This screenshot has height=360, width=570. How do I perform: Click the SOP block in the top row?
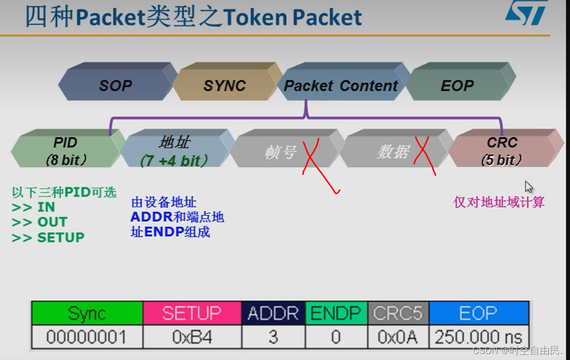tap(116, 85)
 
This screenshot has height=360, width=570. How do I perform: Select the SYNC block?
tap(224, 85)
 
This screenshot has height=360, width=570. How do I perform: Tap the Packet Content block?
tap(341, 85)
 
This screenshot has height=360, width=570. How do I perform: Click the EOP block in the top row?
tap(457, 85)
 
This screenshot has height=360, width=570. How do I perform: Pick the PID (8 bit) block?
tap(65, 151)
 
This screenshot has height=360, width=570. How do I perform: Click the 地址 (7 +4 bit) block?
tap(174, 151)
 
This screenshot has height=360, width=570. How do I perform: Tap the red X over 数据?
tap(424, 154)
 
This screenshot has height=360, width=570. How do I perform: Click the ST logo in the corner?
tap(526, 12)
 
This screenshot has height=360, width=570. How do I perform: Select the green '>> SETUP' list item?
tap(48, 237)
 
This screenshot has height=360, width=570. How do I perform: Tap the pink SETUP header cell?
tap(192, 313)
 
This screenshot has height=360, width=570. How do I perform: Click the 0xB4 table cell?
tap(192, 337)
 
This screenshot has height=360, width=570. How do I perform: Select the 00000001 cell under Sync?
tap(86, 337)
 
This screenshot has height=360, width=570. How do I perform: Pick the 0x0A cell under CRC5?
tap(398, 337)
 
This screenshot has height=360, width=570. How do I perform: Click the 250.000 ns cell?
tap(478, 337)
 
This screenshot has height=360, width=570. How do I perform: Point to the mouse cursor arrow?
tap(529, 187)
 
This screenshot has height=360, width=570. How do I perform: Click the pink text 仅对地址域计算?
tap(499, 203)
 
